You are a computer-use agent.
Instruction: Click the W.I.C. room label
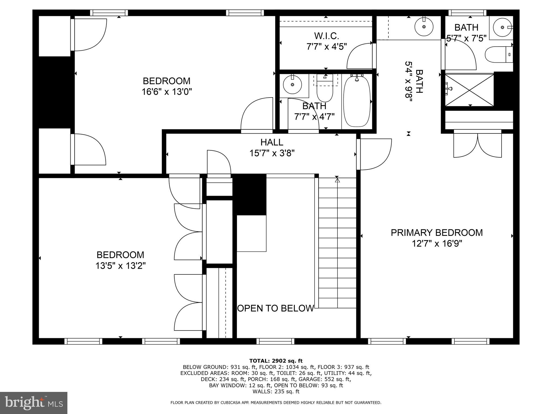[326, 36]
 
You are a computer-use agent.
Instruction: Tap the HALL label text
[272, 142]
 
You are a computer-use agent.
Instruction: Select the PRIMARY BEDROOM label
[437, 233]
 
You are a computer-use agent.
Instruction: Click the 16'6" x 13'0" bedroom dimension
[167, 92]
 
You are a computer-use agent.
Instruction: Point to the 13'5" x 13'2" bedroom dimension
[120, 266]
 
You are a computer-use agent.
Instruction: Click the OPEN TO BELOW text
[275, 308]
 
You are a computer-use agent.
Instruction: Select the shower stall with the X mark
[469, 90]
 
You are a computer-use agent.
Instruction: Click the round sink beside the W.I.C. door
[424, 26]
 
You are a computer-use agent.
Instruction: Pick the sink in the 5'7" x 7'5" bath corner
[502, 27]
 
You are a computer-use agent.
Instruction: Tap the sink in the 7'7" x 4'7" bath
[292, 85]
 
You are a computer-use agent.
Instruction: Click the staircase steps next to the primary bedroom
[337, 243]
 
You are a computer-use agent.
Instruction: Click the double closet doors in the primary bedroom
[478, 145]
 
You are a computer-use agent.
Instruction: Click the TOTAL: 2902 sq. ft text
[276, 361]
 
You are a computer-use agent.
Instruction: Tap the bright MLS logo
[34, 403]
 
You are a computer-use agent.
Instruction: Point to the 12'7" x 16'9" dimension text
[437, 244]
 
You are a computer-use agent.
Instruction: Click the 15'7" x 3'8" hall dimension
[272, 153]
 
